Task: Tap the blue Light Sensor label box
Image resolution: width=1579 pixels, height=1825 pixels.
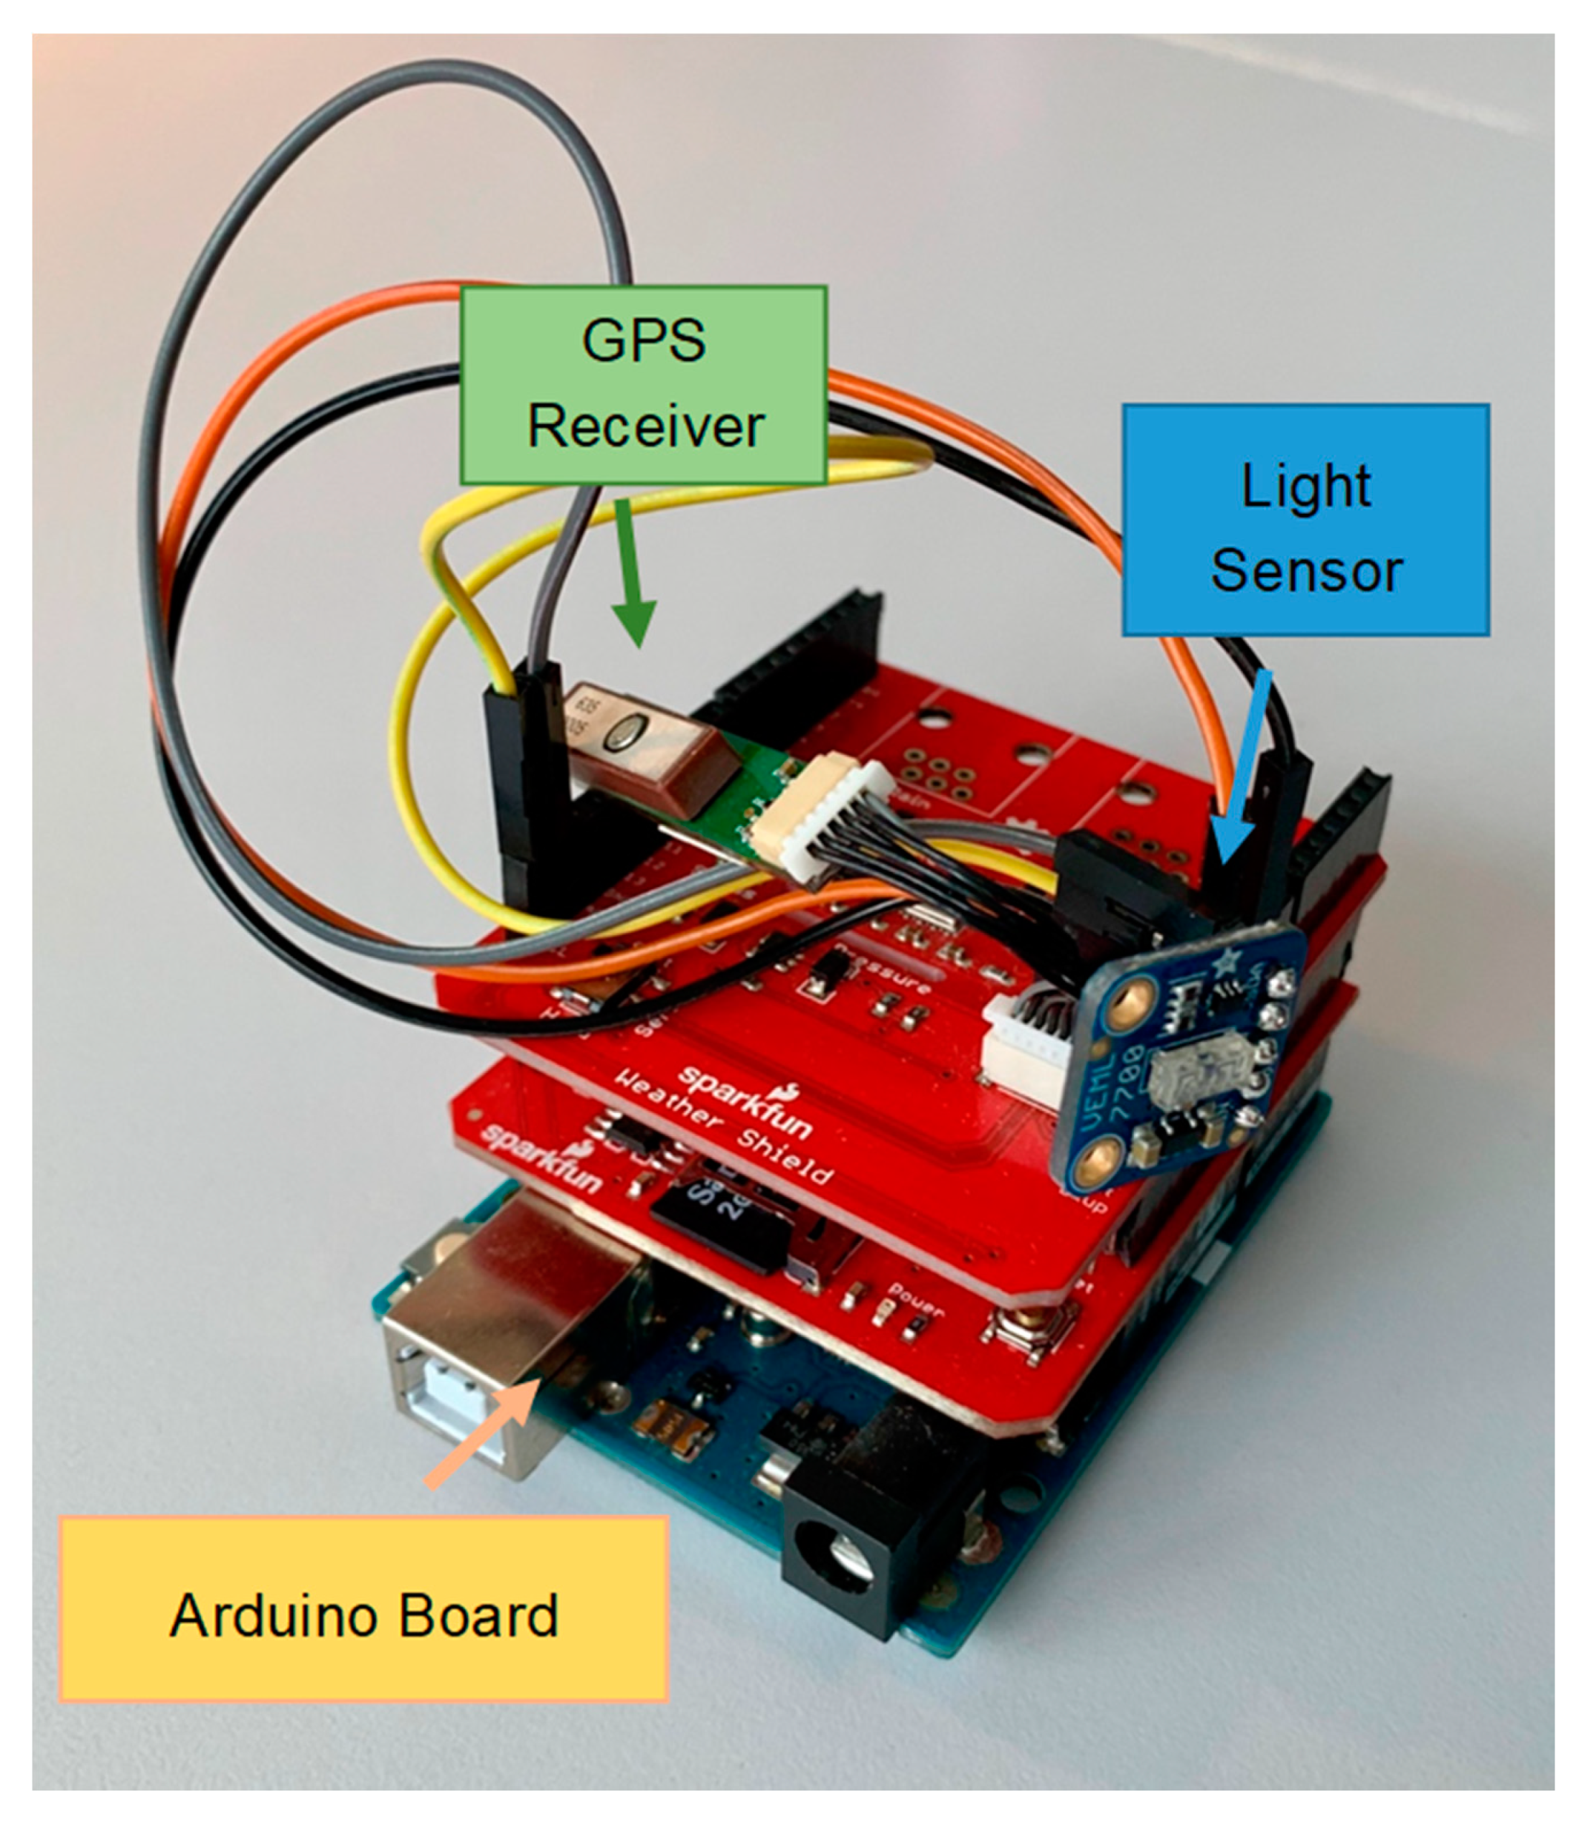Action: (1305, 520)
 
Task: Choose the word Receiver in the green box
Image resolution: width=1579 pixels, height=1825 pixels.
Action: (645, 428)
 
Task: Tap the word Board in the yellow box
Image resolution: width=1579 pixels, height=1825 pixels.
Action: (480, 1615)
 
